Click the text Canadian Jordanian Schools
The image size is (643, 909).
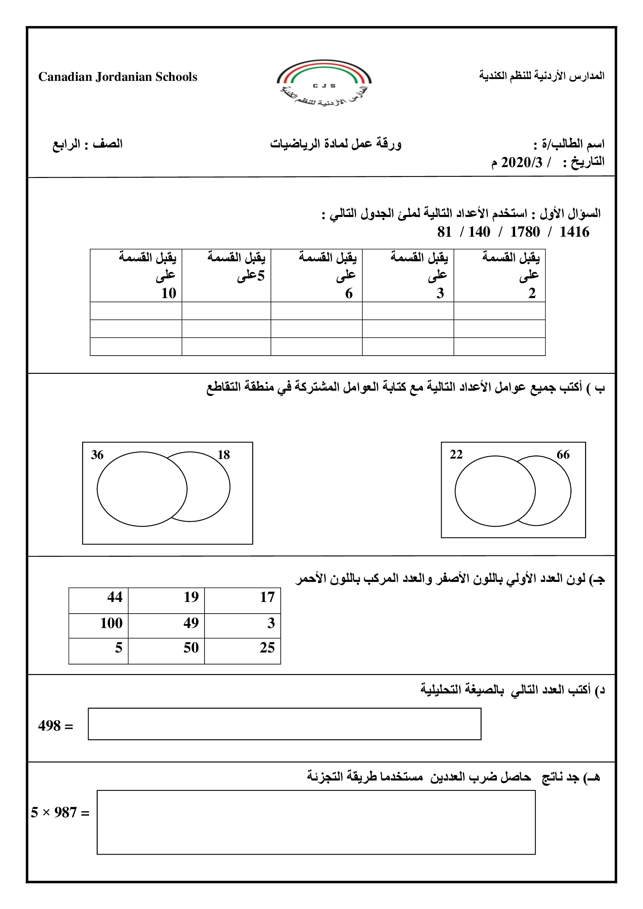click(x=117, y=77)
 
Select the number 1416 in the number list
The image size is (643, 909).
click(x=574, y=232)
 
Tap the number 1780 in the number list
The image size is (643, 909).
click(x=524, y=232)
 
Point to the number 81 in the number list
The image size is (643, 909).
click(x=444, y=232)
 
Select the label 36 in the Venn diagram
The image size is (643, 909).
click(x=97, y=455)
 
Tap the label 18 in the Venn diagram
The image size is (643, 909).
click(x=224, y=455)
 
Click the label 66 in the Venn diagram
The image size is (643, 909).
click(x=563, y=455)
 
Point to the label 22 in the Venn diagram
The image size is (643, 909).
click(x=456, y=455)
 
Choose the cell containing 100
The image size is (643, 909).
click(x=99, y=623)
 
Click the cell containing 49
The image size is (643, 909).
click(x=166, y=623)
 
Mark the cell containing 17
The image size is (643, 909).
click(x=242, y=597)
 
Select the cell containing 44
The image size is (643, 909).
click(x=99, y=597)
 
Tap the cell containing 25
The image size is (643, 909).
click(x=242, y=648)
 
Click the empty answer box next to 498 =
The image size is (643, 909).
click(x=284, y=724)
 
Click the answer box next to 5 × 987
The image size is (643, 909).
click(x=316, y=823)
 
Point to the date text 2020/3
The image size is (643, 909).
click(x=521, y=163)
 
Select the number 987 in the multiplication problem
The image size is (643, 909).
click(x=65, y=812)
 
